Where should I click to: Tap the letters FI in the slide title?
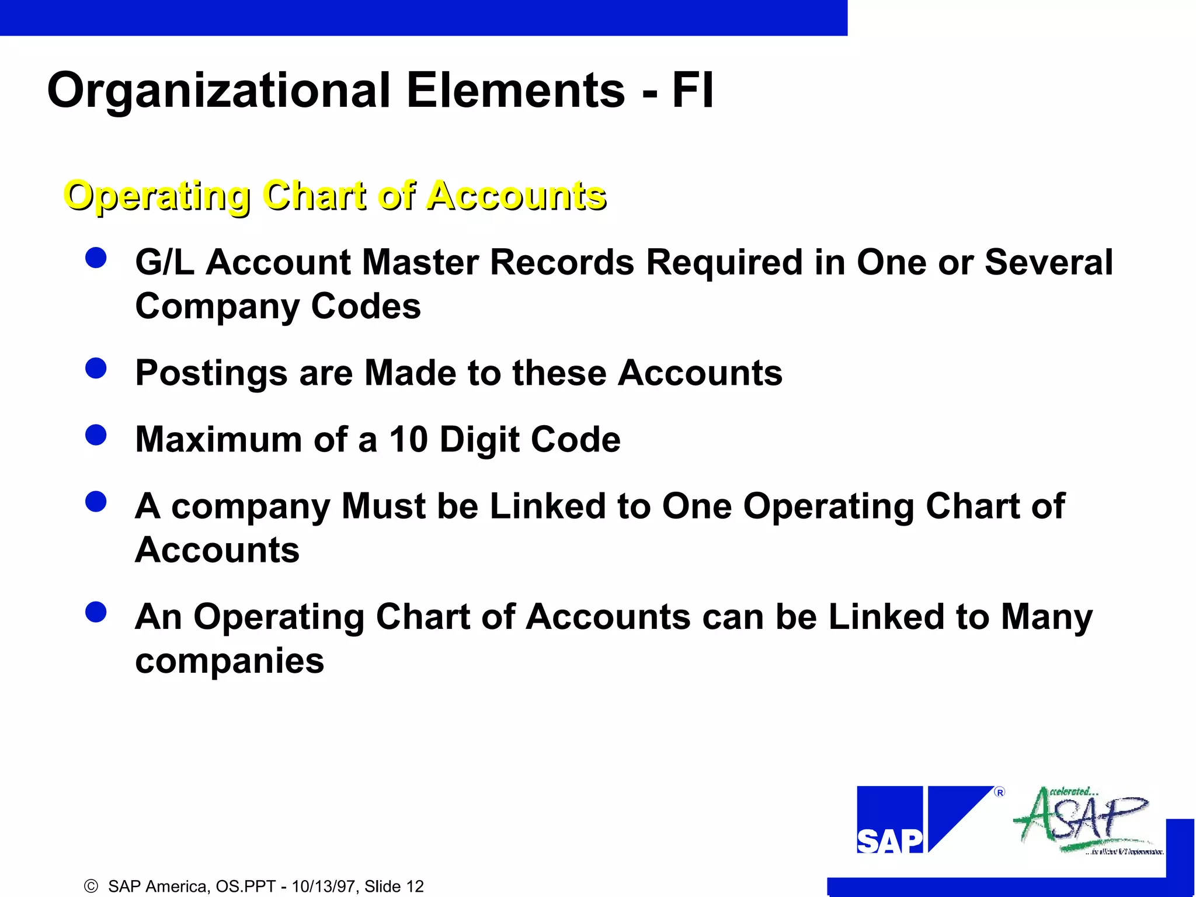pos(693,91)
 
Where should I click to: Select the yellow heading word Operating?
pos(157,196)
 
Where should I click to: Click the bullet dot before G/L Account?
pos(96,258)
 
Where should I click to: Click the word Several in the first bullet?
pos(1049,262)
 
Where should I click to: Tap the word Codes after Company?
pos(366,306)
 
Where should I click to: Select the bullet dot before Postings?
pos(96,368)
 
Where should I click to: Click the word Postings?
pos(211,373)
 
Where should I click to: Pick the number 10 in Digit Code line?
pos(409,439)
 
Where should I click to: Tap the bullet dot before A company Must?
pos(96,502)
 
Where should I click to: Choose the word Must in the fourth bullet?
pos(383,506)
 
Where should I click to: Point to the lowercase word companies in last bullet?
pos(230,662)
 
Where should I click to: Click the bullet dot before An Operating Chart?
pos(96,613)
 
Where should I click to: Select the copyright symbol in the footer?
pos(91,886)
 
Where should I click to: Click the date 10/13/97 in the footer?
pos(324,886)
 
